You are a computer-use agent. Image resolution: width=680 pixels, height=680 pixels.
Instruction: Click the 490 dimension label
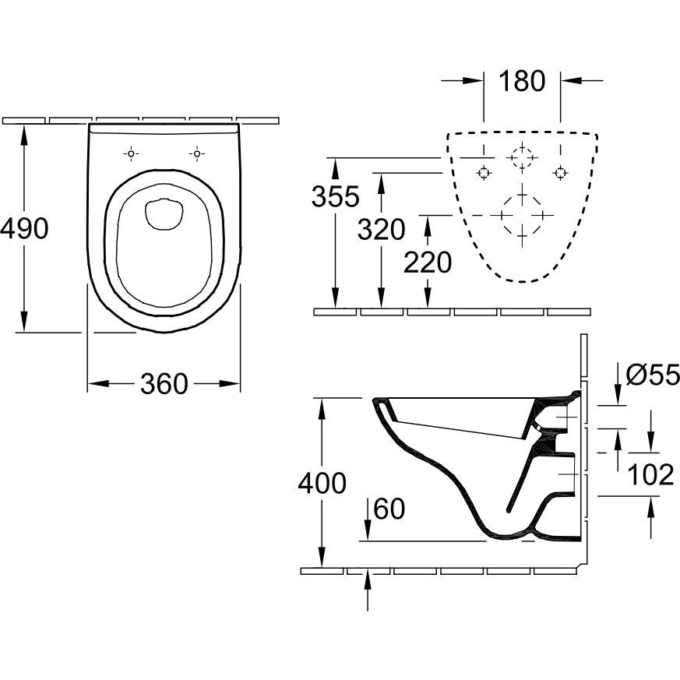click(25, 228)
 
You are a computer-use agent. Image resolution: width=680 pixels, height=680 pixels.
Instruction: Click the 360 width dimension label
click(164, 384)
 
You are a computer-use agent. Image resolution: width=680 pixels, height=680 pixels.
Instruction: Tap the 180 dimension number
click(522, 81)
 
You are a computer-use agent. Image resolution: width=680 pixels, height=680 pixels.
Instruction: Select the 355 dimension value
click(336, 196)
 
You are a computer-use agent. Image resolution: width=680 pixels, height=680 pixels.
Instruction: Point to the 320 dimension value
click(381, 230)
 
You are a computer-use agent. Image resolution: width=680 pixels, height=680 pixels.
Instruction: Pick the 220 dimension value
click(428, 262)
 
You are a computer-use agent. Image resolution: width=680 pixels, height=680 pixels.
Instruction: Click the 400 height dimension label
click(322, 483)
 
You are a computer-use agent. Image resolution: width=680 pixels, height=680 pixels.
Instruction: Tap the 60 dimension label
click(389, 509)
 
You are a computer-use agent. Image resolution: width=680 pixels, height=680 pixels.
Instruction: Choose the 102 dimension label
click(650, 474)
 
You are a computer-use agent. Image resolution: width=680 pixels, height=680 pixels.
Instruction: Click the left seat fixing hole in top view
click(131, 153)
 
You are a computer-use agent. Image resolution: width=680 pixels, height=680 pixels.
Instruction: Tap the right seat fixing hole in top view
click(197, 153)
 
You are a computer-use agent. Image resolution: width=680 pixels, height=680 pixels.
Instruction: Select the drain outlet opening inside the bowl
click(164, 214)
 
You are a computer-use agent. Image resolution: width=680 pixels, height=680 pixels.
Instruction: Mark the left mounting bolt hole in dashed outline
click(484, 173)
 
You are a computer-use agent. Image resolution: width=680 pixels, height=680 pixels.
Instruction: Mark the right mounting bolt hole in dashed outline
click(560, 173)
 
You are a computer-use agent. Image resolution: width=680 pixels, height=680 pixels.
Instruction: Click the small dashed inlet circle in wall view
click(522, 157)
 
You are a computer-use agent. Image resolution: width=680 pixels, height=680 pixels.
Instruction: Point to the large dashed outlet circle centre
click(522, 215)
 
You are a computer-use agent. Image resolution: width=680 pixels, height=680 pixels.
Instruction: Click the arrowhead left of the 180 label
click(473, 80)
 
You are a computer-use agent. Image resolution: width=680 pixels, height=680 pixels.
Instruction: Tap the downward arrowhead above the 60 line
click(368, 530)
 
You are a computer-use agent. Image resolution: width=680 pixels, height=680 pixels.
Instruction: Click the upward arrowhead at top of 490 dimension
click(24, 136)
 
